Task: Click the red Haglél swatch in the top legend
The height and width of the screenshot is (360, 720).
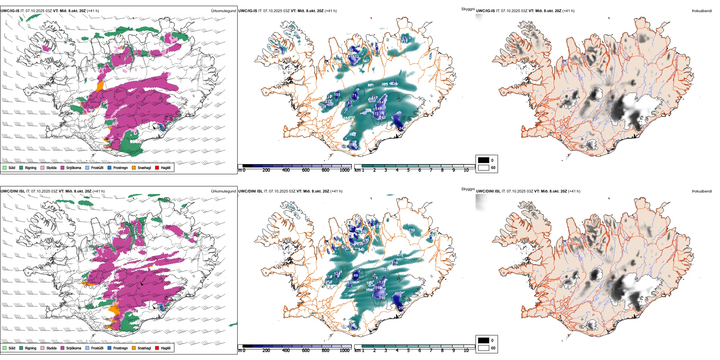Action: [x=157, y=167]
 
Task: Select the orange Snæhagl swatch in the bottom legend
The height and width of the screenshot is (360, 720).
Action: [x=134, y=348]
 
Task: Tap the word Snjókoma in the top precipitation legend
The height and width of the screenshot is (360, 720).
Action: [x=74, y=167]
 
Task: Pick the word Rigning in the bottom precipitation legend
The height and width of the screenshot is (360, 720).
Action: [x=31, y=348]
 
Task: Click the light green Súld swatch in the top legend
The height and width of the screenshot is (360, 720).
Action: [x=5, y=167]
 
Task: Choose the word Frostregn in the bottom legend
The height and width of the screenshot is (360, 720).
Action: [x=121, y=348]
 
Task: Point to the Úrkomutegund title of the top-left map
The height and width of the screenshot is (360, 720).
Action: [x=223, y=11]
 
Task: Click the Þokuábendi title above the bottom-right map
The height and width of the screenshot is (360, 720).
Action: [x=702, y=191]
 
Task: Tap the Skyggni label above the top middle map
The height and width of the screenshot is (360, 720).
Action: [x=468, y=9]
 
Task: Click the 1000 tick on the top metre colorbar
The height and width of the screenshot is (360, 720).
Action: [x=344, y=170]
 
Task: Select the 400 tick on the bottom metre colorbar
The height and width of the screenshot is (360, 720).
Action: [x=286, y=351]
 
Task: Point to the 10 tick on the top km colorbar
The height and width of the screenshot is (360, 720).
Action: [x=466, y=170]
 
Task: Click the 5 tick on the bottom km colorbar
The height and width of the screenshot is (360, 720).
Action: [x=409, y=351]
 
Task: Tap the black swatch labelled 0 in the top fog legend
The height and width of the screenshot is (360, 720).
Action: [x=484, y=160]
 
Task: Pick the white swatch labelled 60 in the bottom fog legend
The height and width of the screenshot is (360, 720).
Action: [x=484, y=348]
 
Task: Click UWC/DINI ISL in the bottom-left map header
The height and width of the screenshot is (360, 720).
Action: [x=13, y=191]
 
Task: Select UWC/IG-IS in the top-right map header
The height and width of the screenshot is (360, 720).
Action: [x=485, y=11]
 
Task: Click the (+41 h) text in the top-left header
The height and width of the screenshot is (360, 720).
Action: [x=93, y=11]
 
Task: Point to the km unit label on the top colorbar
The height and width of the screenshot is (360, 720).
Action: [x=357, y=170]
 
